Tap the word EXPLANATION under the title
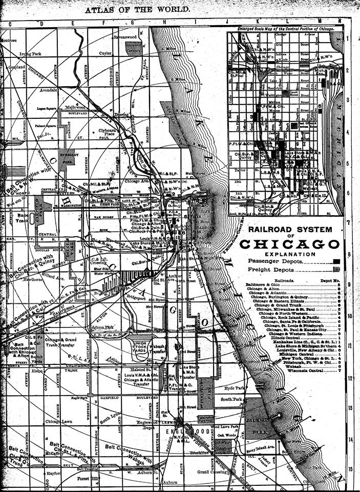290,254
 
